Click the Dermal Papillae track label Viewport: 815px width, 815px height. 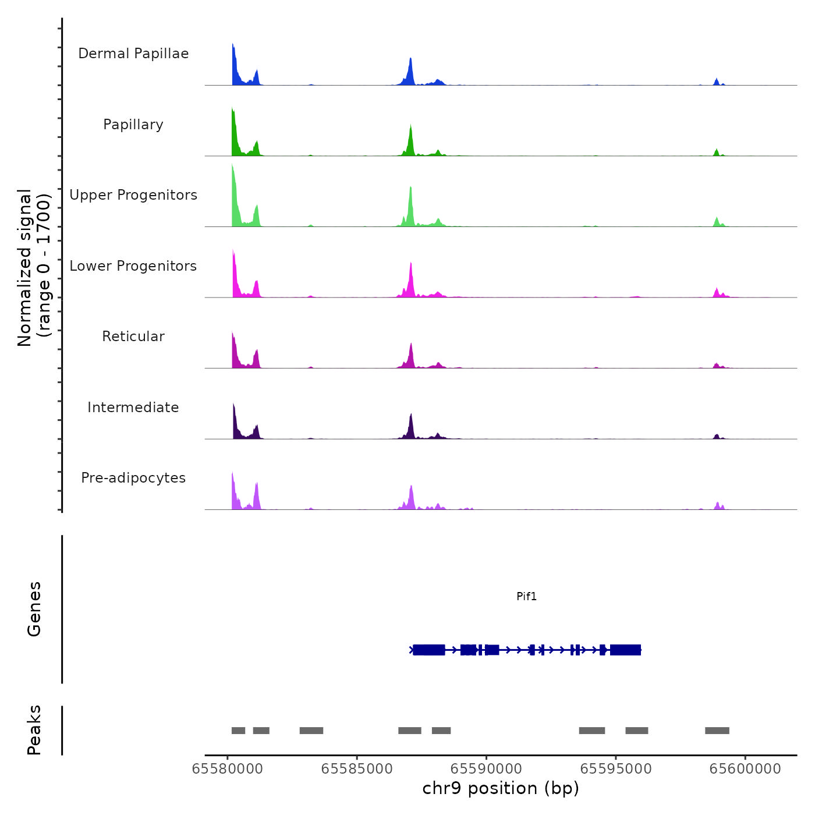(133, 54)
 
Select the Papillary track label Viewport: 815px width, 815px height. (133, 125)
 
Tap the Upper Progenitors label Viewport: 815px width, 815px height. (133, 195)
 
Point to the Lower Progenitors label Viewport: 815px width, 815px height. (133, 266)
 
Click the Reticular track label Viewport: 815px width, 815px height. (133, 336)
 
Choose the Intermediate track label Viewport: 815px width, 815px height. (133, 408)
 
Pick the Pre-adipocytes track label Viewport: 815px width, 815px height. (133, 478)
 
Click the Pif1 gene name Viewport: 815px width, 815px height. (526, 596)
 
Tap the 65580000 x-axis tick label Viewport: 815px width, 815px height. (227, 769)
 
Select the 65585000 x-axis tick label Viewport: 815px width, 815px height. (357, 769)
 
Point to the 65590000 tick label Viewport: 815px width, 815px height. (487, 769)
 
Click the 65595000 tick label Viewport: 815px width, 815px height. (616, 769)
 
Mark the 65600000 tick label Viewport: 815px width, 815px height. (745, 769)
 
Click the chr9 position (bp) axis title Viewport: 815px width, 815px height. (501, 788)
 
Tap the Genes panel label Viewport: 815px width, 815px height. (34, 609)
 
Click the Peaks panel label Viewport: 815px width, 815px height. (34, 730)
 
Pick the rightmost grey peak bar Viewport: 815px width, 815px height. (717, 731)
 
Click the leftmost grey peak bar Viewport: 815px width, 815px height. (238, 731)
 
